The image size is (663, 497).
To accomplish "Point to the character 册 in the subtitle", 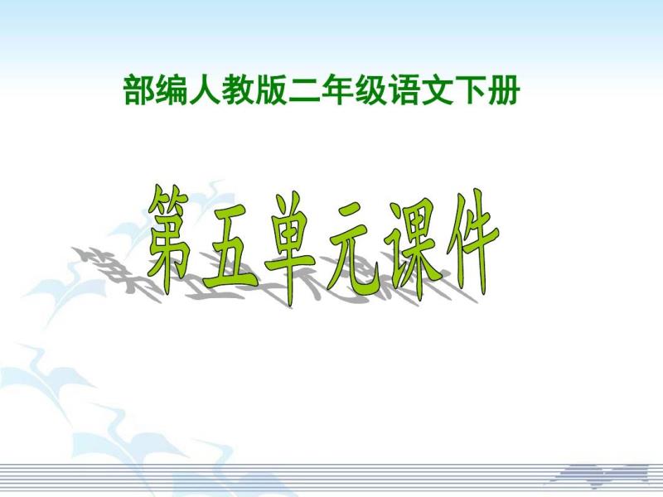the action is (502, 89).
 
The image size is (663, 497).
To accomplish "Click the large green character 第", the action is (169, 234).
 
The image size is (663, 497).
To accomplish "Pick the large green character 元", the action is (351, 253).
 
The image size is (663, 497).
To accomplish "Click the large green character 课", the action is (411, 249).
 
